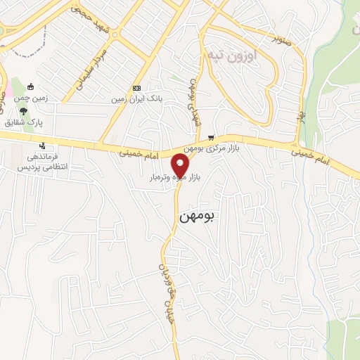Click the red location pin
(180, 167)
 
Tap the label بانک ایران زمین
(136, 99)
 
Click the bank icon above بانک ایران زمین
(136, 88)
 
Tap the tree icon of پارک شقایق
(25, 111)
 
